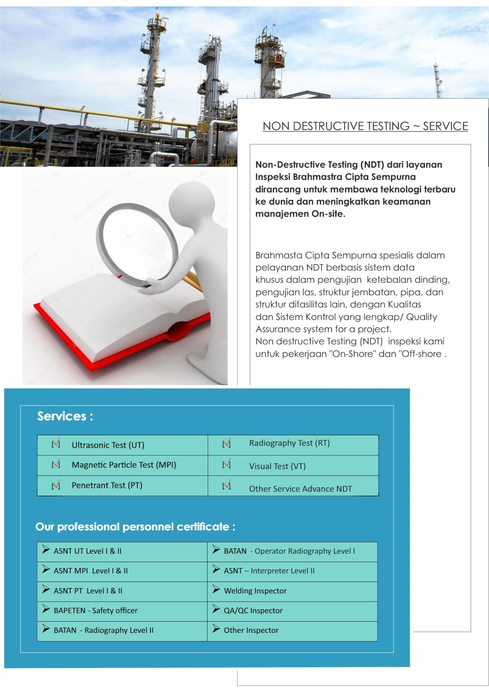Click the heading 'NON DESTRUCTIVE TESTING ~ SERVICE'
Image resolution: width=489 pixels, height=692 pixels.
coord(365,126)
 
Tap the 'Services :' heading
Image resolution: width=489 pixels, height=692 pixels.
coord(65,416)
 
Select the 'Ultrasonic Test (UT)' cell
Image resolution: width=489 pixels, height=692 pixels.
coord(108,445)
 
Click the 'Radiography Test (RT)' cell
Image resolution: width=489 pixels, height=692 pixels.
coord(289,443)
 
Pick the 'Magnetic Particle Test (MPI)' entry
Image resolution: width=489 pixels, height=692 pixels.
coord(124,465)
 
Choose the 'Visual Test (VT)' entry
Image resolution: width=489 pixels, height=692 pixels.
coord(277,466)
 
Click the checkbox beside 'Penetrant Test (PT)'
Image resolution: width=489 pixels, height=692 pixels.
coord(56,485)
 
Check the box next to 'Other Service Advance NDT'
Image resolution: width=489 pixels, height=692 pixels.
coord(226,486)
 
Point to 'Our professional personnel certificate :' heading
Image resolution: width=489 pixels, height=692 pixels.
coord(135,527)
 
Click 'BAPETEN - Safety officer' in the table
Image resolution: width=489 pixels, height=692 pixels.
coord(96,611)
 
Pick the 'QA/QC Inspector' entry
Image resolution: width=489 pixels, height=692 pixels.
coord(253,611)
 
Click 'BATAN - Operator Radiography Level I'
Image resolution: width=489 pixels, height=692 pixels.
coord(289,551)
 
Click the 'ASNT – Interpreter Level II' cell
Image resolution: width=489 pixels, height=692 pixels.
coord(269,571)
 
